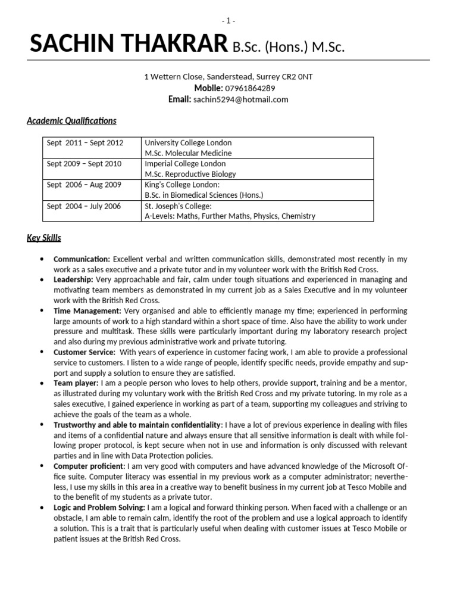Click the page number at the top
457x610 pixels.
228,21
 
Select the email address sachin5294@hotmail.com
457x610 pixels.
240,99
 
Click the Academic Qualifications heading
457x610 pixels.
71,121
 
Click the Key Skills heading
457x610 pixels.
44,238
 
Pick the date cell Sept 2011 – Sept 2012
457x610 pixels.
85,143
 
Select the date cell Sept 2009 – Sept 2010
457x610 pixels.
84,164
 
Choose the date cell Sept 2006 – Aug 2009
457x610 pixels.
84,185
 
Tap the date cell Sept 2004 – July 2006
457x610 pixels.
84,206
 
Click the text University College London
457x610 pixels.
188,143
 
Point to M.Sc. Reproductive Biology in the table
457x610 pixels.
190,174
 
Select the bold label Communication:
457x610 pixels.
82,260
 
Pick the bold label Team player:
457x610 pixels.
76,383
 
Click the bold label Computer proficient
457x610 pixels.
89,466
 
